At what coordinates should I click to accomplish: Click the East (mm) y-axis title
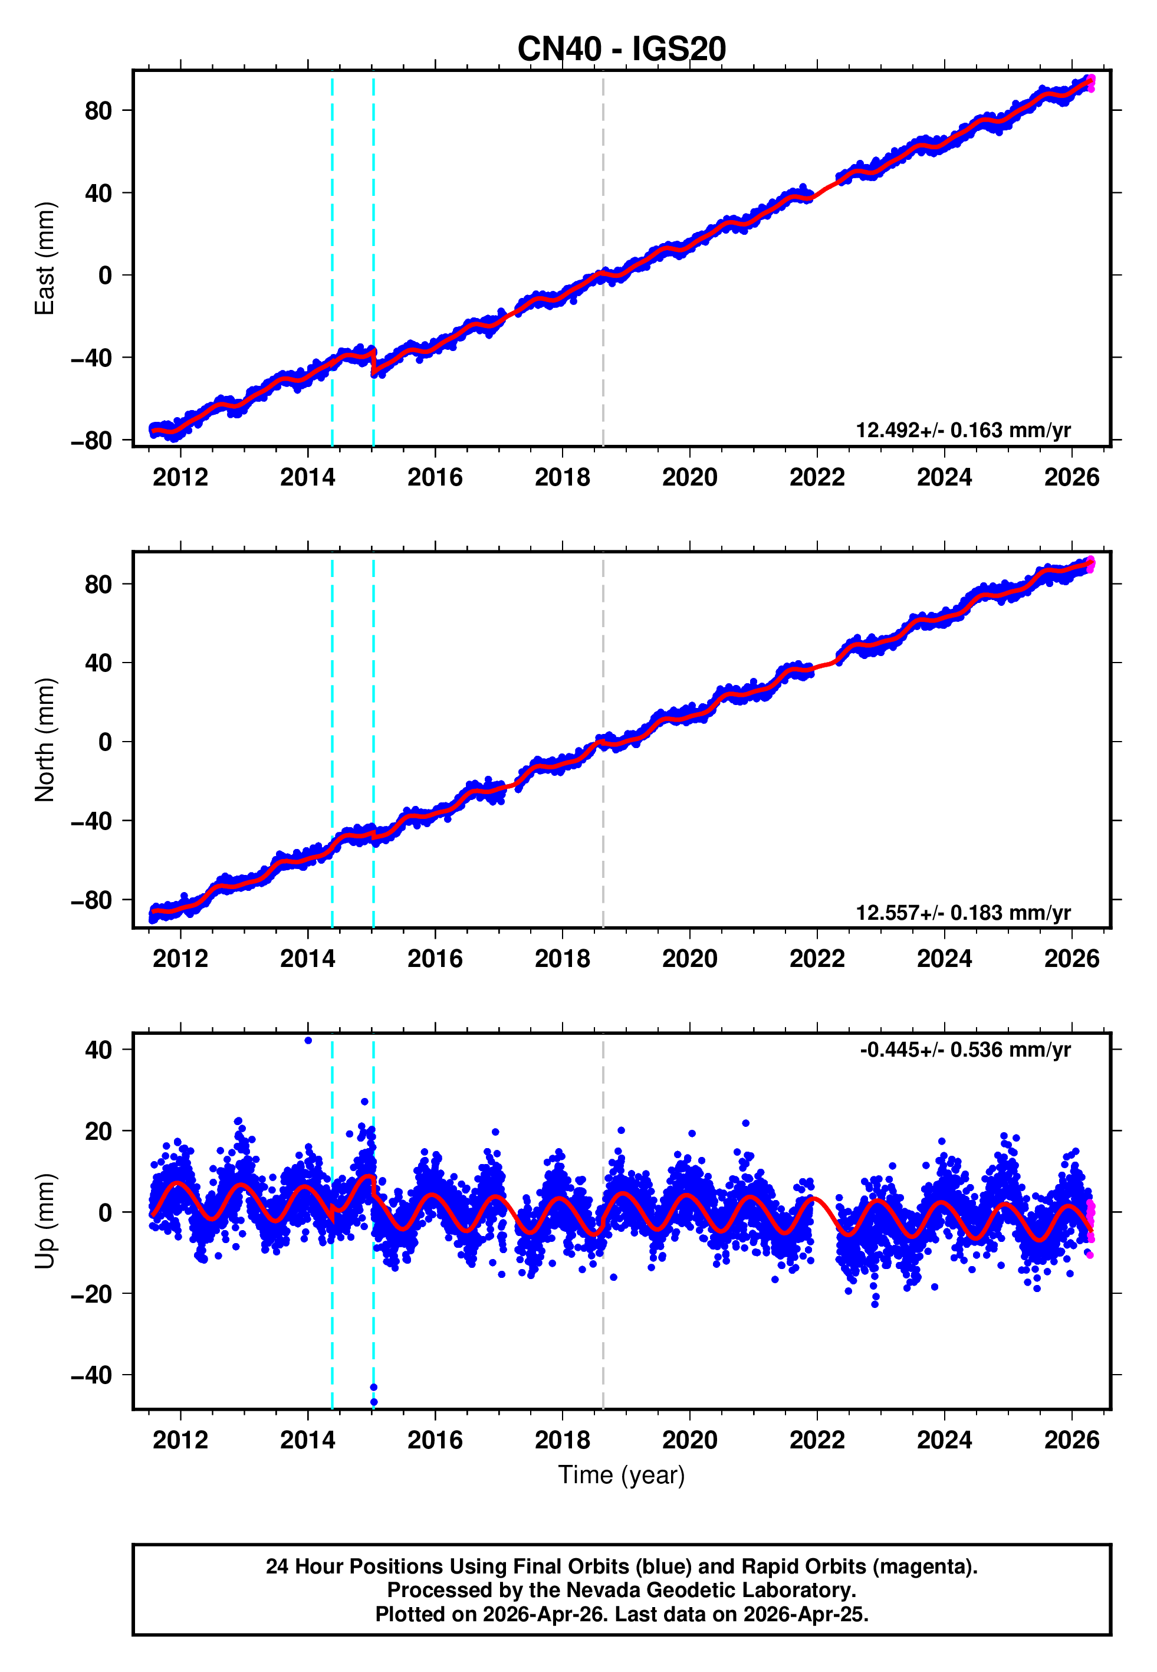tap(45, 258)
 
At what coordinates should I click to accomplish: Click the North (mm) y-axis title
tap(45, 740)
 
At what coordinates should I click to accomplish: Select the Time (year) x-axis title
tap(622, 1476)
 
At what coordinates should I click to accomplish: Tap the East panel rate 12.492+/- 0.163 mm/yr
tap(963, 430)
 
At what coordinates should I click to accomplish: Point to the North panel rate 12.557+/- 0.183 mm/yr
tap(963, 912)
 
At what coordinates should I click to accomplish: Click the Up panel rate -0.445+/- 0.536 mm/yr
tap(965, 1050)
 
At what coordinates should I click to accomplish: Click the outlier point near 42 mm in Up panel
tap(308, 1041)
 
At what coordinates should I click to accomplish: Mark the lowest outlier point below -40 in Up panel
tap(374, 1402)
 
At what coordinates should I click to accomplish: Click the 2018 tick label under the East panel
tap(562, 477)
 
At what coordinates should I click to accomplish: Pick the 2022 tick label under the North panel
tap(817, 959)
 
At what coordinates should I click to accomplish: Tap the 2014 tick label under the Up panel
tap(307, 1440)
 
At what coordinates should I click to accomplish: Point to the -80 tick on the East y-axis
tap(91, 440)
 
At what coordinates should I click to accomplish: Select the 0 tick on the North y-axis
tap(105, 742)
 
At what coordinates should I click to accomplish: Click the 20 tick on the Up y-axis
tap(98, 1131)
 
